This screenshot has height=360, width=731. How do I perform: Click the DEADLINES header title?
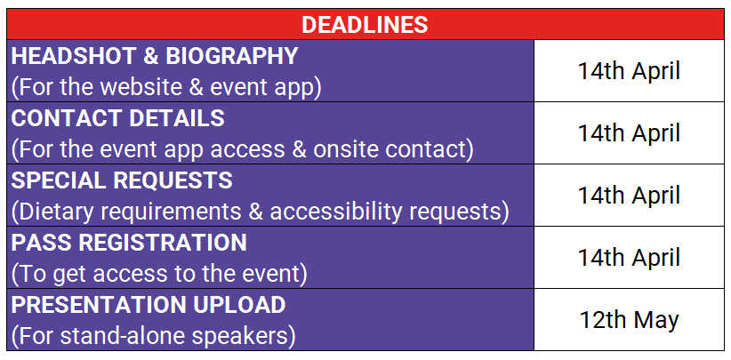point(365,25)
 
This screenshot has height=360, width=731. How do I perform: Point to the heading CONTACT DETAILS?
point(118,119)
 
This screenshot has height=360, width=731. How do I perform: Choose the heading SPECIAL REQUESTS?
point(122,180)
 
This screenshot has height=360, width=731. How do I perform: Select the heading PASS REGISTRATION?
point(129,243)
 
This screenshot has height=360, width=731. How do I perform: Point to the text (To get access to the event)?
point(159,275)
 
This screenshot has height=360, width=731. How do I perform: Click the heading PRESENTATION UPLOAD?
point(149,305)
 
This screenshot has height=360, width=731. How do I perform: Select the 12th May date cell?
point(630,320)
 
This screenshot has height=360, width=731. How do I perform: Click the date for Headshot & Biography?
point(630,71)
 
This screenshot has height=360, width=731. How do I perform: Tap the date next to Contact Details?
point(630,133)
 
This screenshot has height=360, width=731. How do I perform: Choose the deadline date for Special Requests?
point(630,196)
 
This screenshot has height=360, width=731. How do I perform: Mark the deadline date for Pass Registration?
point(630,258)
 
